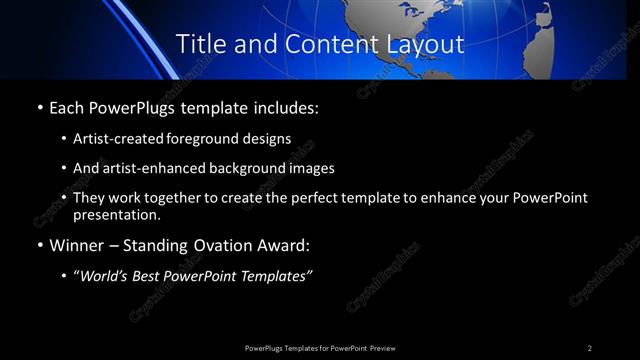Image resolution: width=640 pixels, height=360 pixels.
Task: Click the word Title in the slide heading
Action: click(x=200, y=44)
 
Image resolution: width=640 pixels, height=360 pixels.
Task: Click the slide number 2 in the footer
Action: click(x=590, y=347)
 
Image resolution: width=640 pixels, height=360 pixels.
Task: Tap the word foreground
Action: click(x=206, y=138)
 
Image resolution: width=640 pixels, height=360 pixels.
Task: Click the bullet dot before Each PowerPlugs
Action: click(x=38, y=106)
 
